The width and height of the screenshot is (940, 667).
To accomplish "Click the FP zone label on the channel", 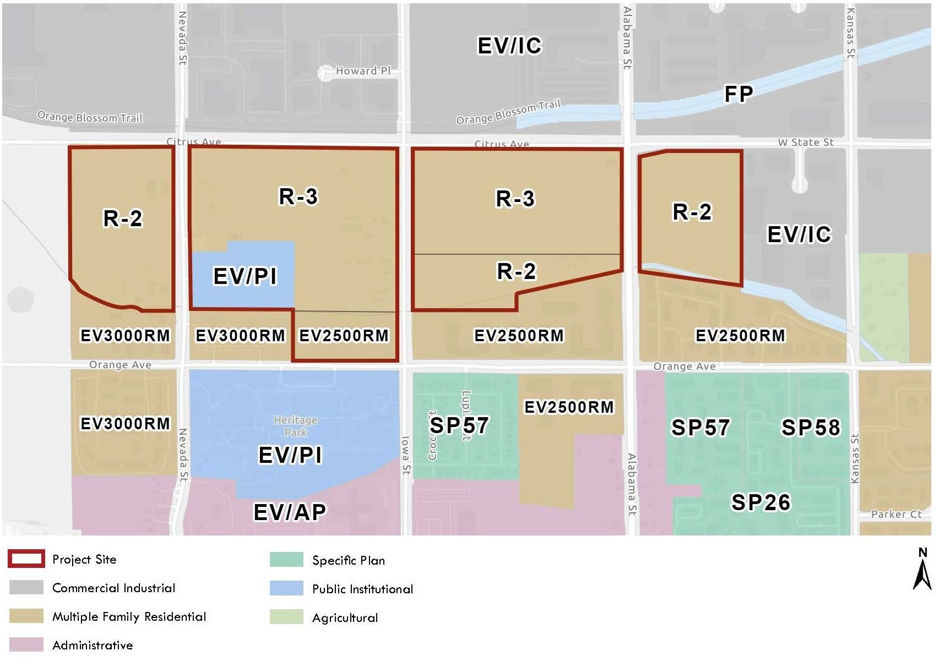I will [x=738, y=94].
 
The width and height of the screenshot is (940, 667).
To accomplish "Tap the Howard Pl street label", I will [x=363, y=71].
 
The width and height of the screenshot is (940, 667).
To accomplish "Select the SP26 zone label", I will [x=760, y=502].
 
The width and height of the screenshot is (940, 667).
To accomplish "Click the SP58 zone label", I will [x=811, y=428].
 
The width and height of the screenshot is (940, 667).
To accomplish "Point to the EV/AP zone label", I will [x=290, y=512].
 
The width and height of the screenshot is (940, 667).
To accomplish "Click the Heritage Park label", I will [x=296, y=427].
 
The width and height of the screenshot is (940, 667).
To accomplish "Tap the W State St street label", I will [x=805, y=143].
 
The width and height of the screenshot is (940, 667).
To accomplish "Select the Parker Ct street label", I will [x=896, y=514].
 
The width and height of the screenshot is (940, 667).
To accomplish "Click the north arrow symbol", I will [x=922, y=570].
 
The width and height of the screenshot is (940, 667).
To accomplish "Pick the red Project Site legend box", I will [x=26, y=559].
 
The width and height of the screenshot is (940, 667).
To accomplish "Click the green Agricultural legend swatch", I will [x=286, y=617].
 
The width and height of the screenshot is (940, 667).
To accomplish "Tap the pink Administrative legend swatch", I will [x=26, y=644].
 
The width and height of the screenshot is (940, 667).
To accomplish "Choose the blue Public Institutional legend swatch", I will [x=286, y=588].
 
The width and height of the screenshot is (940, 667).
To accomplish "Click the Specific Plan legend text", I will [x=348, y=560].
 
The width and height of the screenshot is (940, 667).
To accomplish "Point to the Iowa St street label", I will [x=405, y=456].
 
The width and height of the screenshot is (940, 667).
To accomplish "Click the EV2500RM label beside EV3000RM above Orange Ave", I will [x=344, y=336].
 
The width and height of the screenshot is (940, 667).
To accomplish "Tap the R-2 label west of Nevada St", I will [x=123, y=218].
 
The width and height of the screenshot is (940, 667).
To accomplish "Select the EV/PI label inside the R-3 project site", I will [x=245, y=276].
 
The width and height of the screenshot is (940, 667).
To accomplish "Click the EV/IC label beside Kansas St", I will [x=798, y=234].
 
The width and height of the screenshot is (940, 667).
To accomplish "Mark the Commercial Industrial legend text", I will [x=113, y=588].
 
